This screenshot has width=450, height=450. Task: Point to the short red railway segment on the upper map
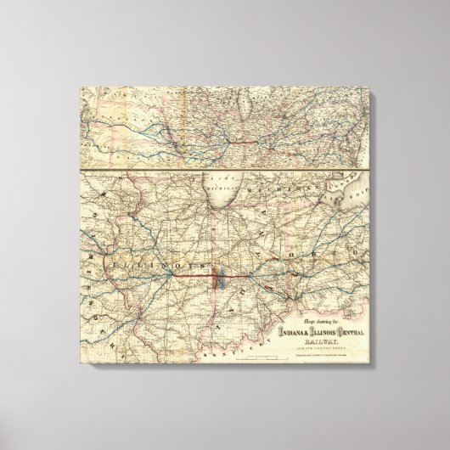click(255, 136)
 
